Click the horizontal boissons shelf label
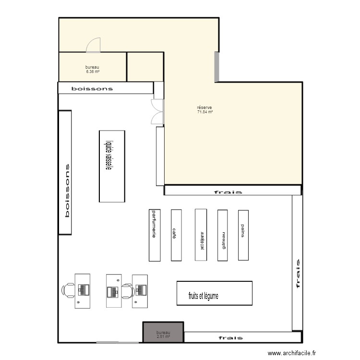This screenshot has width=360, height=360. coord(92,89)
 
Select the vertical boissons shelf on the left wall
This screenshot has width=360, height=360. coord(65,173)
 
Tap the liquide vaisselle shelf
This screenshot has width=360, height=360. coord(111,166)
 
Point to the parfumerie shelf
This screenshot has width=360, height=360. coord(155,235)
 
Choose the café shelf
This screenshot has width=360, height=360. coord(176,235)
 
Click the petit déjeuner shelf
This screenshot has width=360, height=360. coord(201,235)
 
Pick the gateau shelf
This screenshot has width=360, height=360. coord(222,235)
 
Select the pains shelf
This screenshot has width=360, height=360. coord(243,235)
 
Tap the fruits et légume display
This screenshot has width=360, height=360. coord(214,293)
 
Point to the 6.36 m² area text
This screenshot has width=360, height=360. coord(93,72)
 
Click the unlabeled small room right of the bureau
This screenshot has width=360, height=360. coord(145,67)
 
